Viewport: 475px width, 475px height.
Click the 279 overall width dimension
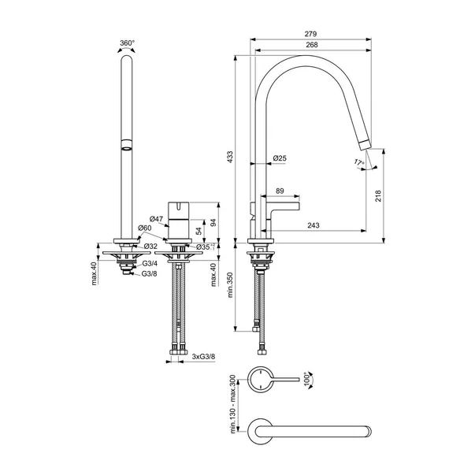(310, 34)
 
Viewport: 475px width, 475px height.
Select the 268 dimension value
(312, 45)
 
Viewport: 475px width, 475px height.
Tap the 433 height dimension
(230, 157)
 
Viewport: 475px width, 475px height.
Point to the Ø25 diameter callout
(280, 158)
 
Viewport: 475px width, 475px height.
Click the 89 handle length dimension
(280, 191)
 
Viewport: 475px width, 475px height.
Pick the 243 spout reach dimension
(314, 225)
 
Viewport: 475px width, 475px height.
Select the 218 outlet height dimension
(378, 196)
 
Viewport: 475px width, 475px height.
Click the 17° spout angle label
(359, 162)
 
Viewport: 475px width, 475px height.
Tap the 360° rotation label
(128, 43)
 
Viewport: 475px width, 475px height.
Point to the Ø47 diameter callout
(157, 219)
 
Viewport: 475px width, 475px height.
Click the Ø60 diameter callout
(144, 228)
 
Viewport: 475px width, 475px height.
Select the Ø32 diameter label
(150, 246)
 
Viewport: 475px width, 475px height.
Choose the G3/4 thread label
(150, 264)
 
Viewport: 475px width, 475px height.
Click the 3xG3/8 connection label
(203, 357)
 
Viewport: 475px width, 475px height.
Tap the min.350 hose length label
(230, 284)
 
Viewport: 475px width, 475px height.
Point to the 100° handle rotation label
(308, 379)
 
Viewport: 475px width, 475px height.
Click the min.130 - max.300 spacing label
(233, 404)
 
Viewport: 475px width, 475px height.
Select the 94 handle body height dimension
(213, 222)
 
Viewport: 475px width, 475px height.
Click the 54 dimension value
(199, 231)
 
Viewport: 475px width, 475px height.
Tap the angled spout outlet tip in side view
(365, 145)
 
